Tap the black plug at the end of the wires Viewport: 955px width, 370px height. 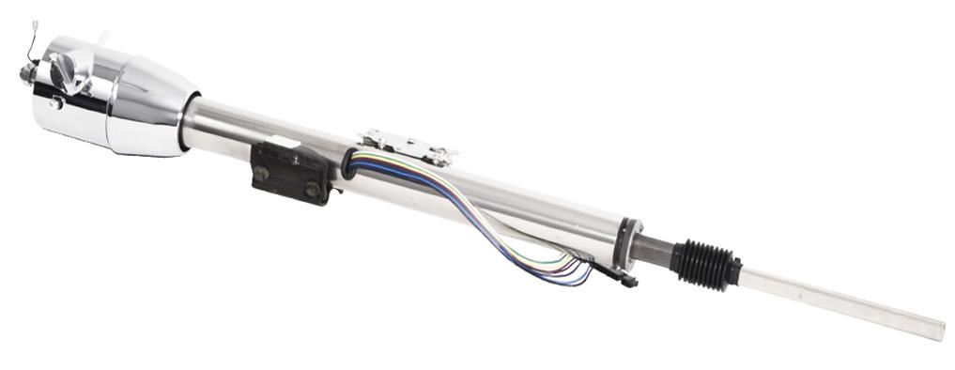619,278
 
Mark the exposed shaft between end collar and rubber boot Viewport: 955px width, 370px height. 655,249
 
